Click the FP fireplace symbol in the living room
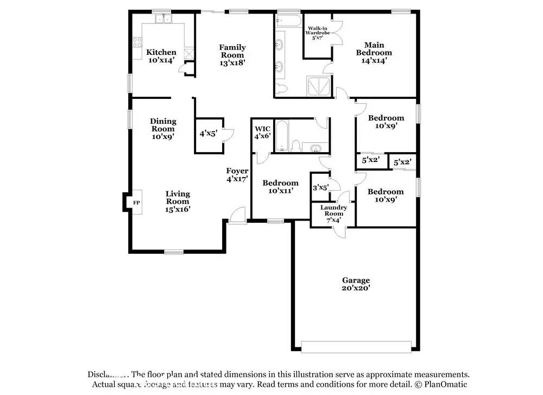point(136,203)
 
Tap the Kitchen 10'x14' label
point(162,56)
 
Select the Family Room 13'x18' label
point(232,55)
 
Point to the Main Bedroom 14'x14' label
point(374,53)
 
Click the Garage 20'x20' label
point(356,284)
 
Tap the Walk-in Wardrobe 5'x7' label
point(318,34)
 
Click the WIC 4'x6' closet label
point(263,133)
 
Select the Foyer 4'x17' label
point(237,174)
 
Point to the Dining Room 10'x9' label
point(163,129)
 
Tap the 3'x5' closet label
point(320,187)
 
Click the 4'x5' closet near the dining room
point(208,133)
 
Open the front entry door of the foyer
point(237,216)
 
